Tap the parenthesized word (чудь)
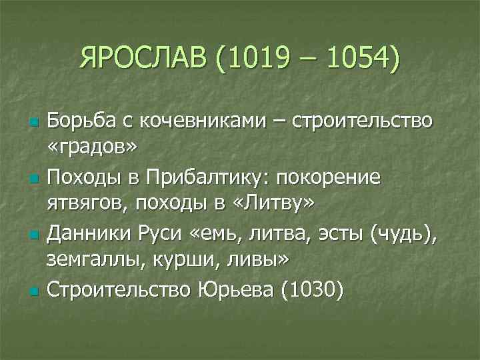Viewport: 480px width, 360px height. (402, 235)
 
